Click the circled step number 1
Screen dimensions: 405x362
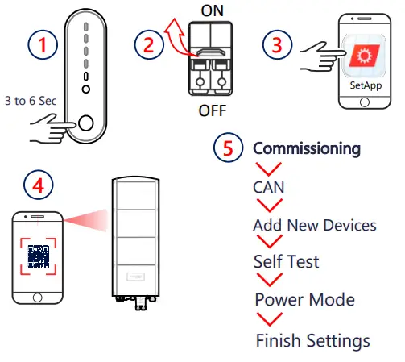(43, 44)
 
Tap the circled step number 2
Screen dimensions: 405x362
(149, 44)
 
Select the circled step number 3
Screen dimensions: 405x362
(277, 44)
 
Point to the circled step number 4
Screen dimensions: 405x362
(39, 185)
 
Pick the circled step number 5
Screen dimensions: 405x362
(229, 148)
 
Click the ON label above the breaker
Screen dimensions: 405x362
(212, 10)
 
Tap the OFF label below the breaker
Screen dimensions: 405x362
(213, 110)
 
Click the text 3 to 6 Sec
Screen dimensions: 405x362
(31, 101)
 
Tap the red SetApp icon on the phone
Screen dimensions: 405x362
(364, 56)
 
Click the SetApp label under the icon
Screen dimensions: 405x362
(366, 85)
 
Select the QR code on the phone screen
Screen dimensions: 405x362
(39, 256)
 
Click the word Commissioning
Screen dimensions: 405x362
(307, 148)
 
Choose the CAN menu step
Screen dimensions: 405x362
(269, 187)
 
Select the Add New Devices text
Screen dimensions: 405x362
(315, 225)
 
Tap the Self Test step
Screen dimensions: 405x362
(287, 261)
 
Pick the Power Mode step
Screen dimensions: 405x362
(305, 300)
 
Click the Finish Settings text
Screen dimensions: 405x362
(313, 341)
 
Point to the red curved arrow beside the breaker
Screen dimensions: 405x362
(177, 38)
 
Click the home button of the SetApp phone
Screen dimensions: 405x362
(365, 102)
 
